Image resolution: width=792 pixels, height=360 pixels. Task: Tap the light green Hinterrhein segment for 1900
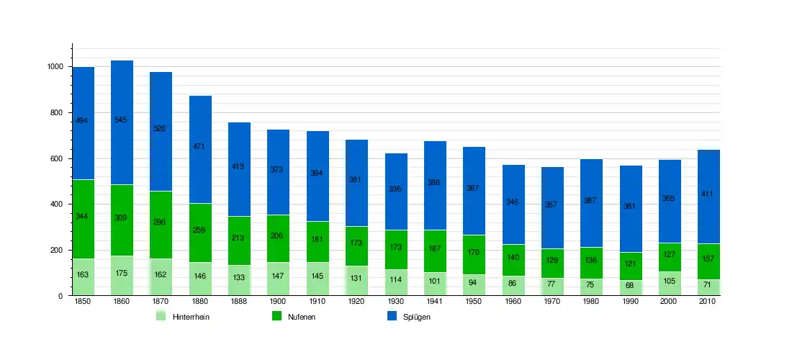(x=278, y=279)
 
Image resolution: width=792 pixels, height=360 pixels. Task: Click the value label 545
(x=121, y=120)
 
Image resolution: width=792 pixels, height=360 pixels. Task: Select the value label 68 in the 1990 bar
(x=631, y=285)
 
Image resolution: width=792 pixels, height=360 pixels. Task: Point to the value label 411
(x=708, y=194)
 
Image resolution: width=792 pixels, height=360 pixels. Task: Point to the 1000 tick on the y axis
(x=55, y=67)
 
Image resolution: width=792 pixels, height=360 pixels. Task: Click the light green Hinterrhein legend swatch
(x=161, y=316)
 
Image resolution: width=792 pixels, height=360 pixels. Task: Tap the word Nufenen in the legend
(x=302, y=317)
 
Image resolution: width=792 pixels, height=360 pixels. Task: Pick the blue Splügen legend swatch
(x=392, y=316)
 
